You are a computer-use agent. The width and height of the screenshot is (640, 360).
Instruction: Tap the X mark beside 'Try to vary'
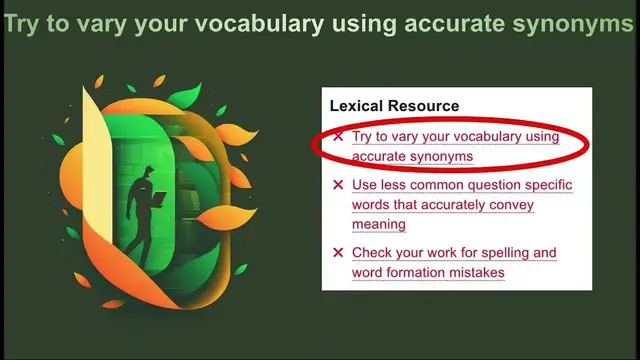tap(338, 136)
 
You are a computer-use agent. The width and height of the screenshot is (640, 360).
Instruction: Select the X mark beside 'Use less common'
tap(338, 185)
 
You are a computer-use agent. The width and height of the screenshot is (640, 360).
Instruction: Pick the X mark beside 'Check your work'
tap(338, 253)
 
